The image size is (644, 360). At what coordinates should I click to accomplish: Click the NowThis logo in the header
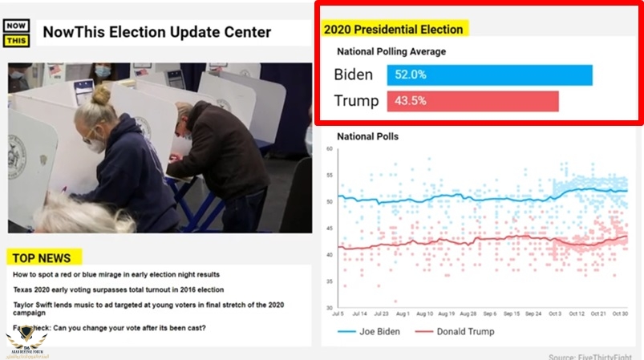(16, 32)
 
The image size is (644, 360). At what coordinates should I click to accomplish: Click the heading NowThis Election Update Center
(156, 33)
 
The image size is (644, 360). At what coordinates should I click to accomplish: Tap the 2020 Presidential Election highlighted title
(394, 30)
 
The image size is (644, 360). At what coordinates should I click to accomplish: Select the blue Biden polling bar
(489, 75)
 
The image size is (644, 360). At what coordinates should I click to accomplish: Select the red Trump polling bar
(472, 102)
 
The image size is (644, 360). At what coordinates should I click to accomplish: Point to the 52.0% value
(410, 75)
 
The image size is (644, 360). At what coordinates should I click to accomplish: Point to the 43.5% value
(410, 102)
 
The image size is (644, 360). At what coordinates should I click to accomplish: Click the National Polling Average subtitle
(391, 52)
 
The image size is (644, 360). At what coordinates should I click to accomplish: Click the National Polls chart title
(367, 136)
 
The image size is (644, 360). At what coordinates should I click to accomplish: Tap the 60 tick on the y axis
(329, 150)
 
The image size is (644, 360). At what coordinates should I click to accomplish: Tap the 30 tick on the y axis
(329, 308)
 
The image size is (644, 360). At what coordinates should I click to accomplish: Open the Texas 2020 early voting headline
(118, 289)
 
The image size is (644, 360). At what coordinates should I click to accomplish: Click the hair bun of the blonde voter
(100, 96)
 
